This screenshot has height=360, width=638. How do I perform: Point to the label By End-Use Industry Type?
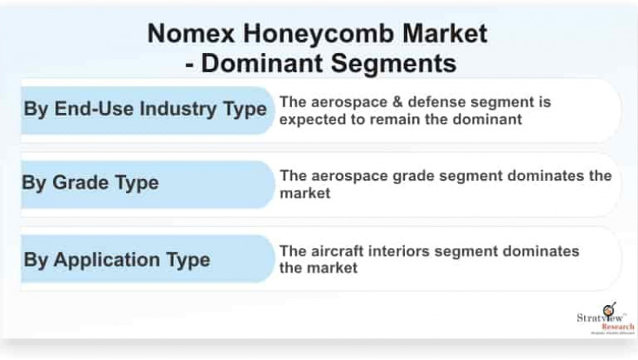point(145,109)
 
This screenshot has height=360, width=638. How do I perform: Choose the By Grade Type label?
point(90,182)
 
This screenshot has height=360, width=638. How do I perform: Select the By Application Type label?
point(116,260)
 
